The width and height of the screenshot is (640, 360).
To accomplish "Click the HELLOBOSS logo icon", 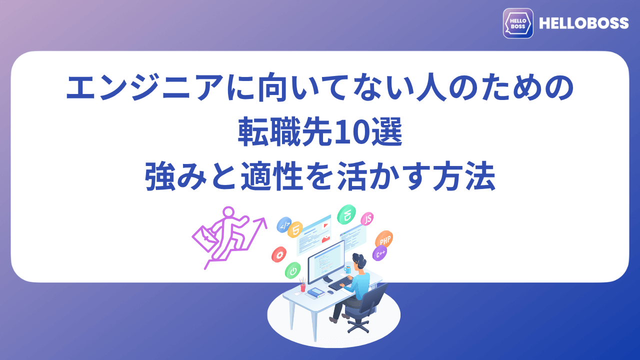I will pos(518,23).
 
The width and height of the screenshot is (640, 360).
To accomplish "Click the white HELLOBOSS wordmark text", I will pos(583,23).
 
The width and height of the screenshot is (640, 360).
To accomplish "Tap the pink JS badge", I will pos(367,218).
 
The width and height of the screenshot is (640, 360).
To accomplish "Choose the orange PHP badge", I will pos(384,239).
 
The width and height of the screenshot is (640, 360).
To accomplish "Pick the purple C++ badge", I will pos(380,253).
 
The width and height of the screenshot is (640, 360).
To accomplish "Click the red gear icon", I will pos(279,255).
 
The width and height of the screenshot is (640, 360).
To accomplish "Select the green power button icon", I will pos(292,270).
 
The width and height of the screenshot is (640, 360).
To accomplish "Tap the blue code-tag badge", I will pos(283,225).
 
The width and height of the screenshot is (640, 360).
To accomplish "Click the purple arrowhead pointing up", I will pos(261,220).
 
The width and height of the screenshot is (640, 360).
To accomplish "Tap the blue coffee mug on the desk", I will pos(347,270).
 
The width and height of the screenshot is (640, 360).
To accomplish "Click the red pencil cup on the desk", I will pos(302,287).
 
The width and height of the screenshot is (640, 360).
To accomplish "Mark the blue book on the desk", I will pos(315,292).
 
